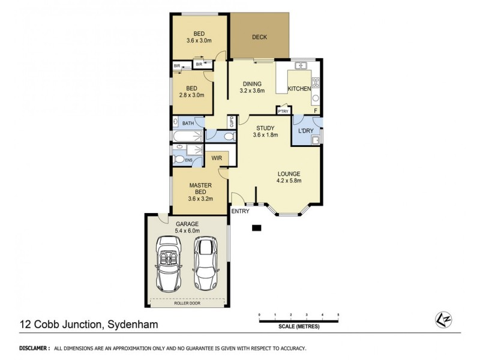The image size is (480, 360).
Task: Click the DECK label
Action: click(259, 37)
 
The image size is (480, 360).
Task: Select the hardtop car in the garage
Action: click(206, 262)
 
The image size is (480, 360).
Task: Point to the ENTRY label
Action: click(240, 211)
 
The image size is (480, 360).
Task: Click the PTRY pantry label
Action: click(283, 111)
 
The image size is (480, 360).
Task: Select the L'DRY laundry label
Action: click(306, 130)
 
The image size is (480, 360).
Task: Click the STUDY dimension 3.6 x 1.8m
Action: click(266, 135)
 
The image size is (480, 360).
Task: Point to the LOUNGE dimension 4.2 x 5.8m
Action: click(289, 180)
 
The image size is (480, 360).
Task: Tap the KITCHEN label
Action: click(299, 89)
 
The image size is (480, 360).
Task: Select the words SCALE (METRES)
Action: click(298, 328)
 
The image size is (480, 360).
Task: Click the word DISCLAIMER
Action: click(34, 348)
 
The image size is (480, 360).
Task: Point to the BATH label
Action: click(188, 123)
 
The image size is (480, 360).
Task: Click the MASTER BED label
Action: click(199, 190)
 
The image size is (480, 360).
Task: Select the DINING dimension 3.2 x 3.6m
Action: click(252, 91)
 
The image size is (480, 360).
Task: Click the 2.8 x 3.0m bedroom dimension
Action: click(192, 95)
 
